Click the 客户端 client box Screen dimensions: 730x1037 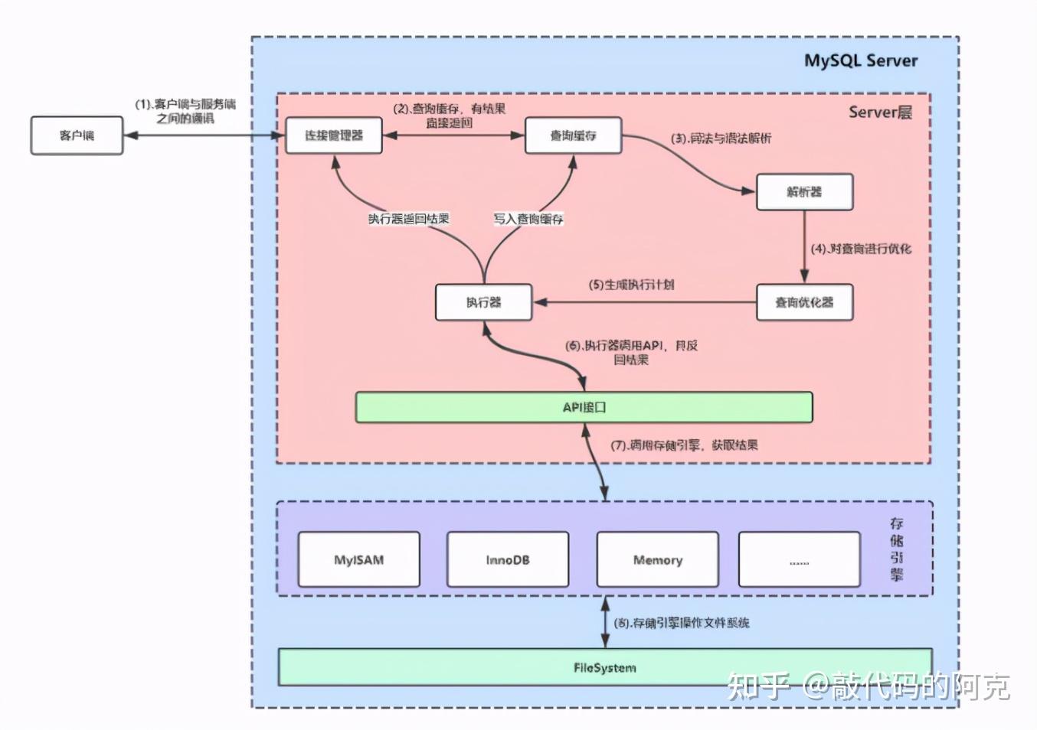tap(77, 135)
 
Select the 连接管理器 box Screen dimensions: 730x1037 tap(334, 135)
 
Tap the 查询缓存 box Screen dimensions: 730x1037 tap(573, 135)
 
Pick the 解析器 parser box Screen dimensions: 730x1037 tap(804, 192)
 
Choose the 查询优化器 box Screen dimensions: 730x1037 tap(804, 302)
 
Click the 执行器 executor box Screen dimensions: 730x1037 tap(483, 302)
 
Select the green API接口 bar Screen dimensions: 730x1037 tap(584, 407)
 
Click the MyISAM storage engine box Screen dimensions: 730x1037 tap(358, 560)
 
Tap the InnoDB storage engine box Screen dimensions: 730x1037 tap(507, 560)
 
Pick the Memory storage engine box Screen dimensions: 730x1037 tap(657, 560)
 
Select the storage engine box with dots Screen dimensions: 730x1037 tap(799, 560)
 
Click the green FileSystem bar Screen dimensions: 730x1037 tap(604, 667)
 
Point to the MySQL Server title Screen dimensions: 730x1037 tap(860, 61)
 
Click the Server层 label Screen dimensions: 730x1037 tap(880, 112)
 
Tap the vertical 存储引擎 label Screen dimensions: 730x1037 tap(896, 549)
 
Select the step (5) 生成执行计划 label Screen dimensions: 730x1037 tap(631, 285)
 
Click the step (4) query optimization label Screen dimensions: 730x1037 tap(861, 249)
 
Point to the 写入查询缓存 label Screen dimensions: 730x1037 tap(528, 219)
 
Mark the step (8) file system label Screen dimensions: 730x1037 tap(682, 623)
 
